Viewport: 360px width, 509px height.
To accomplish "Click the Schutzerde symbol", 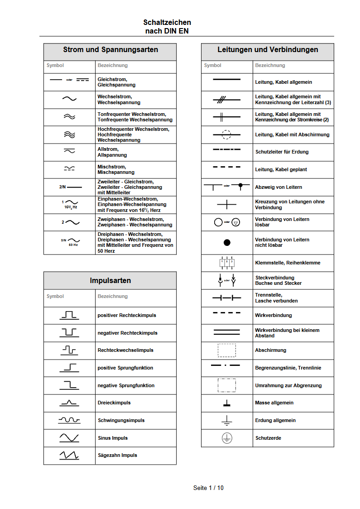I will click(x=227, y=438).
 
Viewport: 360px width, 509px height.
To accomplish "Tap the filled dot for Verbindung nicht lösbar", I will click(x=227, y=242).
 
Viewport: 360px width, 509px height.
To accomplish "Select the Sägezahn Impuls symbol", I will click(x=69, y=456).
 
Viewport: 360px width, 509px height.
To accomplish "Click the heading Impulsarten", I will click(x=110, y=280).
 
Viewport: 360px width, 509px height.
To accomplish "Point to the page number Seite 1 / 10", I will click(x=208, y=488).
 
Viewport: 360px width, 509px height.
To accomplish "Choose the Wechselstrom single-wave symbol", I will click(x=69, y=99).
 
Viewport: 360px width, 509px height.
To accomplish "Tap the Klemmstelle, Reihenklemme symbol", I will click(x=227, y=263).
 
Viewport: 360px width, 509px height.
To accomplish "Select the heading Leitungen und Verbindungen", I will click(x=268, y=50).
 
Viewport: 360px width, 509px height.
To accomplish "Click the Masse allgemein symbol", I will click(x=227, y=403).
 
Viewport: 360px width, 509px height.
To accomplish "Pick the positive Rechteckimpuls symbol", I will click(x=69, y=315).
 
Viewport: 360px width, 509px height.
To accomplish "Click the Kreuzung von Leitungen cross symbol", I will click(x=227, y=205).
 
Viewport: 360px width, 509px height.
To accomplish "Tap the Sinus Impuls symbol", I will click(x=69, y=438).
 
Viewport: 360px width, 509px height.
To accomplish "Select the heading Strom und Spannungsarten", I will click(x=110, y=50).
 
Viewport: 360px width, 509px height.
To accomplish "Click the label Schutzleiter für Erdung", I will click(x=282, y=152).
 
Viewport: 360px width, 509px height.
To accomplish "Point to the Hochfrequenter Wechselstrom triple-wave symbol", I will click(x=69, y=134).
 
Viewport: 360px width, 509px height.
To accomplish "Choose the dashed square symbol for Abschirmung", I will click(x=227, y=350).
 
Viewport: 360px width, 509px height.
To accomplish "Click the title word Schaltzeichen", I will click(x=167, y=22).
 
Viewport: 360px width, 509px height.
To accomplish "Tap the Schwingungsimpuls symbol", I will click(x=69, y=420).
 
